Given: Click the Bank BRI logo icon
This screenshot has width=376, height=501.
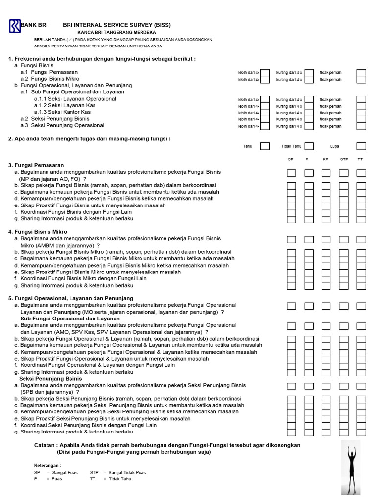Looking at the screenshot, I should pos(15,25).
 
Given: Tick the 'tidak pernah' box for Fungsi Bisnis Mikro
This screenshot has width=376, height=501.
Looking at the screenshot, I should pos(361,80).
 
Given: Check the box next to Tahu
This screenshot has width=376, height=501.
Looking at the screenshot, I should pos(265,146).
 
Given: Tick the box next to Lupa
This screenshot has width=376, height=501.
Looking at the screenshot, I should pos(361,146).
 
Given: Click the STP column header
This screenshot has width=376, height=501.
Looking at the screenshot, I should pos(344,160).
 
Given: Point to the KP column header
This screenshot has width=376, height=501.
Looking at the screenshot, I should pos(326,160).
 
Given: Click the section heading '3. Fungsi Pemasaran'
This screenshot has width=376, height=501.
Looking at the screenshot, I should pos(36,165).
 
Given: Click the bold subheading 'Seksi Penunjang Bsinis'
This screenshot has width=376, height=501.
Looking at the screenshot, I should pos(50,379).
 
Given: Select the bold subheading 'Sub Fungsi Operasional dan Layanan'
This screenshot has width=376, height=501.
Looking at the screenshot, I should pos(70,319).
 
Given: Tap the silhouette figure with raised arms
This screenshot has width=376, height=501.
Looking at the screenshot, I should pos(351,467).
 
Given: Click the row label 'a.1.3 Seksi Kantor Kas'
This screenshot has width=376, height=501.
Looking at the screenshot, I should pos(62,112).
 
